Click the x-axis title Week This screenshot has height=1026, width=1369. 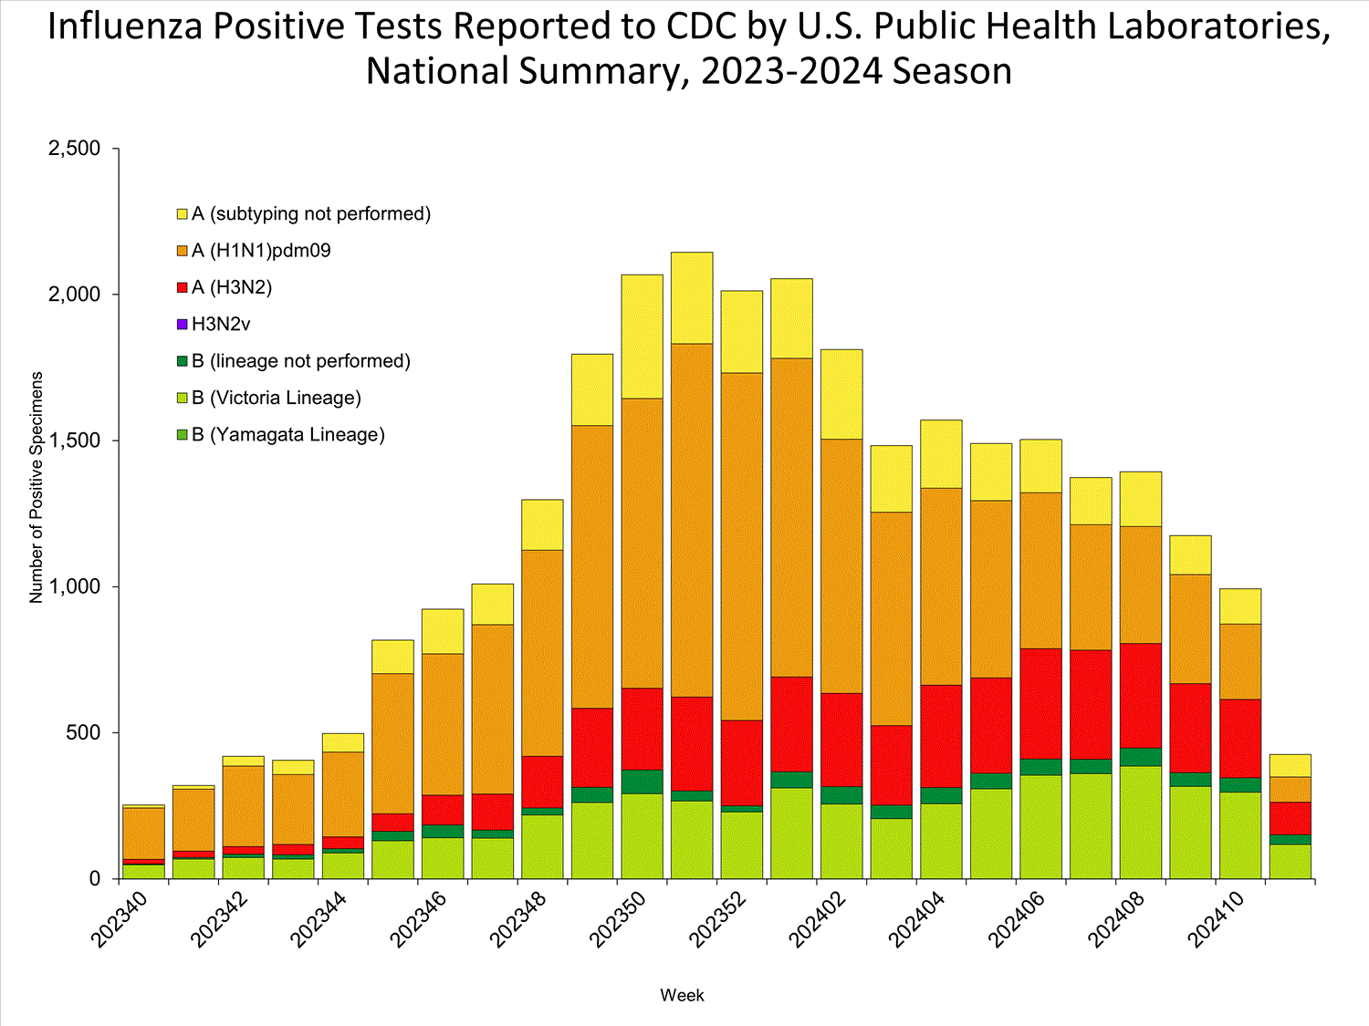point(682,995)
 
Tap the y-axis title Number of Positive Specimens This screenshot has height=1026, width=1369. point(37,487)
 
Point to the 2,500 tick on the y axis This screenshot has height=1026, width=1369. point(74,149)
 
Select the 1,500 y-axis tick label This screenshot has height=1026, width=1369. point(74,440)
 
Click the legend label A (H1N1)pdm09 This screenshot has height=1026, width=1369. point(261,251)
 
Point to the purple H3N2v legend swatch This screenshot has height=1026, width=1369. point(183,324)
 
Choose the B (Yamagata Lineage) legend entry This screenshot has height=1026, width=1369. point(287,435)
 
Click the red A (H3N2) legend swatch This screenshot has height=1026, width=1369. point(183,287)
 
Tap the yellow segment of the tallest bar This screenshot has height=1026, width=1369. point(692,297)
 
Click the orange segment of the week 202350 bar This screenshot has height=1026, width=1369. point(642,543)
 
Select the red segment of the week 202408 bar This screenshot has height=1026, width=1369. point(1141,695)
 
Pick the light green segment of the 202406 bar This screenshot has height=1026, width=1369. point(1040,826)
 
